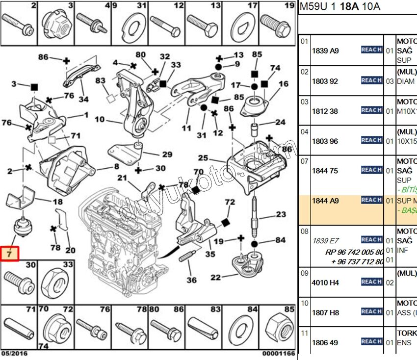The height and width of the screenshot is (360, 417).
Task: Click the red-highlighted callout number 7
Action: click(x=10, y=254)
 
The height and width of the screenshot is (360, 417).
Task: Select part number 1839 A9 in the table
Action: click(x=325, y=51)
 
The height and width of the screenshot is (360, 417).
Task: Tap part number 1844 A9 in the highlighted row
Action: click(x=325, y=201)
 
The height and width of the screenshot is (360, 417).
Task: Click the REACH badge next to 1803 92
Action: click(x=371, y=80)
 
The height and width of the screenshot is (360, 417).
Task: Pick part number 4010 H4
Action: click(x=325, y=283)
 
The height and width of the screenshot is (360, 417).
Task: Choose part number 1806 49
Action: click(x=325, y=342)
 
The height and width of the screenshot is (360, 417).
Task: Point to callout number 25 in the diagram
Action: click(x=203, y=158)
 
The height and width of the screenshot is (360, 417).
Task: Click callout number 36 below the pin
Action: click(x=191, y=280)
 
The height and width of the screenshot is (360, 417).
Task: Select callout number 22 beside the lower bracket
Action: click(x=215, y=278)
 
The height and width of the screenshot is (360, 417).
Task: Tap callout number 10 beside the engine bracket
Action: click(x=100, y=119)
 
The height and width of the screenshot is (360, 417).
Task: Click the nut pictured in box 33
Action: click(x=55, y=284)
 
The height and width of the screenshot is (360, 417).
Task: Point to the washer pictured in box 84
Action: click(x=241, y=328)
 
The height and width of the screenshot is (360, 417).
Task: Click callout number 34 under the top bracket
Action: click(x=84, y=100)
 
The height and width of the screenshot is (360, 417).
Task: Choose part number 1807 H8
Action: click(x=325, y=312)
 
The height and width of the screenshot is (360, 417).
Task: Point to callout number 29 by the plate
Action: click(x=167, y=154)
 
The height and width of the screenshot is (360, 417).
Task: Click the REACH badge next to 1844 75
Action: click(x=371, y=170)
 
